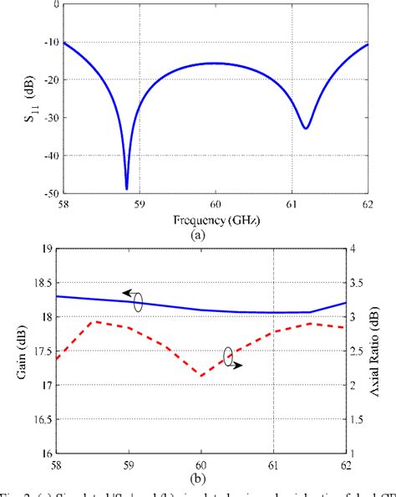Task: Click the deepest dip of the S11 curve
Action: [127, 188]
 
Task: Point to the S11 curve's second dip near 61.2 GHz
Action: [306, 128]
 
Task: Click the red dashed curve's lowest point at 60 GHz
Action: [201, 376]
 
